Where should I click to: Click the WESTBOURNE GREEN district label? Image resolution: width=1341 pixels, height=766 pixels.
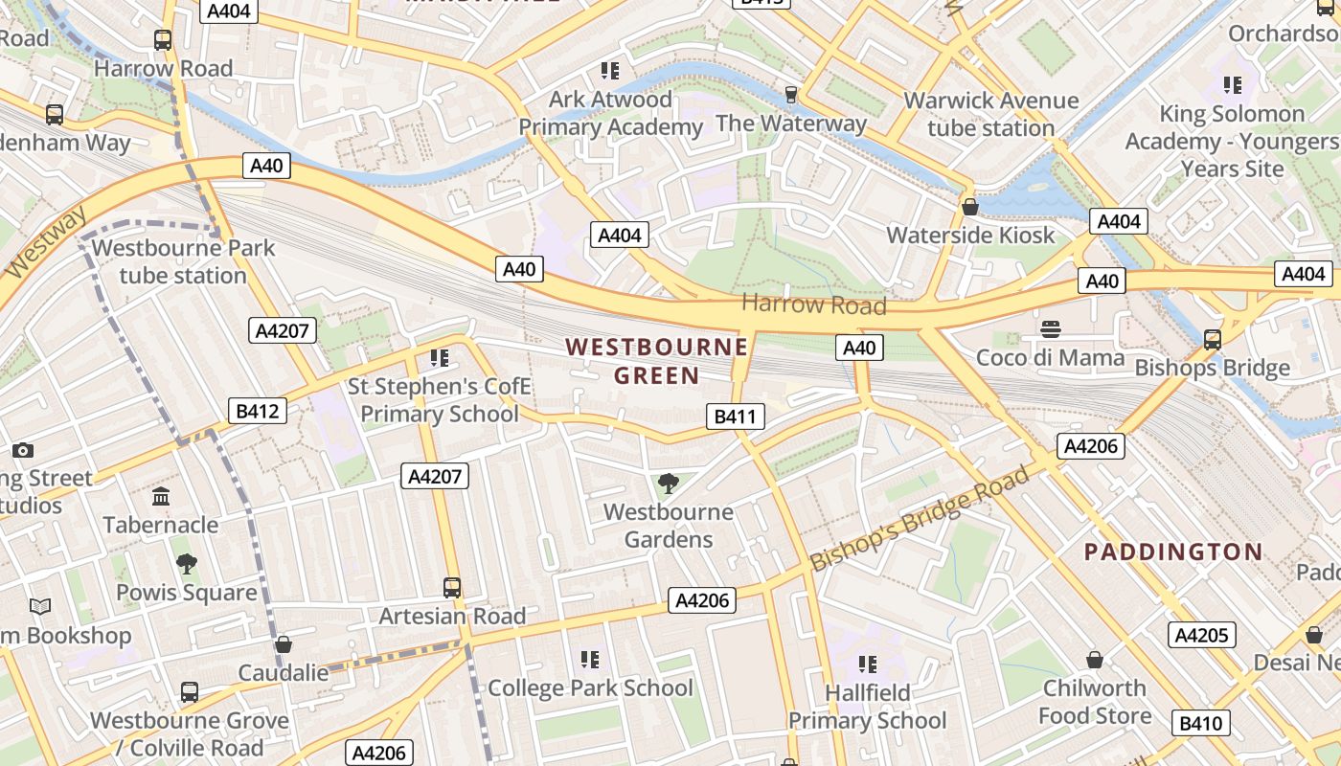click(x=656, y=360)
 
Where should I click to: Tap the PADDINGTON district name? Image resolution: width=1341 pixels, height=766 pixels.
click(x=1173, y=552)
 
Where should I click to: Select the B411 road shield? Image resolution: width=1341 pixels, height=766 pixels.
click(x=736, y=417)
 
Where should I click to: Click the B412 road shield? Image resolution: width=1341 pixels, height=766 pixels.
click(x=258, y=412)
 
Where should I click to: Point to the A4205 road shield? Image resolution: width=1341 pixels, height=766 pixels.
click(x=1202, y=635)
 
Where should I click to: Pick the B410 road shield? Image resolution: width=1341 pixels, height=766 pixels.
click(x=1201, y=723)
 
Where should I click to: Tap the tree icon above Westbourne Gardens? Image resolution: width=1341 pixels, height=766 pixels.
click(x=669, y=484)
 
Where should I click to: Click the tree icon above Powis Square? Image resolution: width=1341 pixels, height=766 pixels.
click(x=187, y=564)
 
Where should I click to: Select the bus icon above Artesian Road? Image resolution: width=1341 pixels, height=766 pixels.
click(x=452, y=587)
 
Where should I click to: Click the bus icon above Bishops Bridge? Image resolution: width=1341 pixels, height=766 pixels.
click(x=1213, y=339)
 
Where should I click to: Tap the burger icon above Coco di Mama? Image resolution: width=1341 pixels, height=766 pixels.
click(x=1051, y=329)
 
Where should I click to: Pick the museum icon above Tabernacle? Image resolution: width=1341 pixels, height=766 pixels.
click(x=161, y=496)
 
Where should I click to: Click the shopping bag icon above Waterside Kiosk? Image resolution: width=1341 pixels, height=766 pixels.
click(x=970, y=207)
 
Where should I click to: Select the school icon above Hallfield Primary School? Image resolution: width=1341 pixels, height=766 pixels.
click(x=868, y=664)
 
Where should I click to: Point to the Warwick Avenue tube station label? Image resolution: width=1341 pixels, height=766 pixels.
click(x=990, y=114)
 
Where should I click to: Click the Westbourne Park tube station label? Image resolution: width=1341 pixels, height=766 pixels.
click(x=183, y=261)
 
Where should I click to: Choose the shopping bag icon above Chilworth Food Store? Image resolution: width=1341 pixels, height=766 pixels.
click(x=1094, y=660)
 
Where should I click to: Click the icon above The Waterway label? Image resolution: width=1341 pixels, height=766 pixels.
click(x=791, y=94)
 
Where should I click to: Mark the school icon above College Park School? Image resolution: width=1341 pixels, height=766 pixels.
click(x=590, y=659)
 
